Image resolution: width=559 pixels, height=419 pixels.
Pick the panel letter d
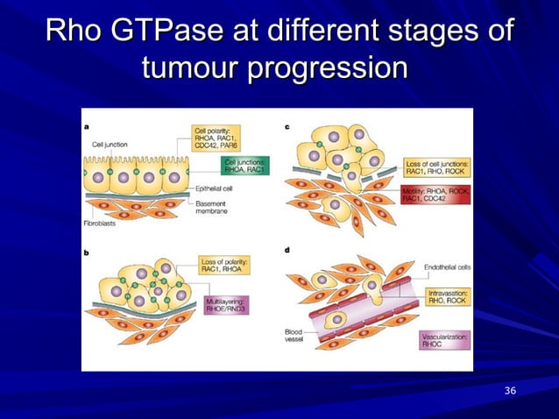click(x=287, y=252)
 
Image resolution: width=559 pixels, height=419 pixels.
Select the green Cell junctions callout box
click(x=246, y=167)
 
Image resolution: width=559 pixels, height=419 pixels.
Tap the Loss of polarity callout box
click(x=225, y=266)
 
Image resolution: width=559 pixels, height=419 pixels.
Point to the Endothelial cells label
click(x=448, y=266)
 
